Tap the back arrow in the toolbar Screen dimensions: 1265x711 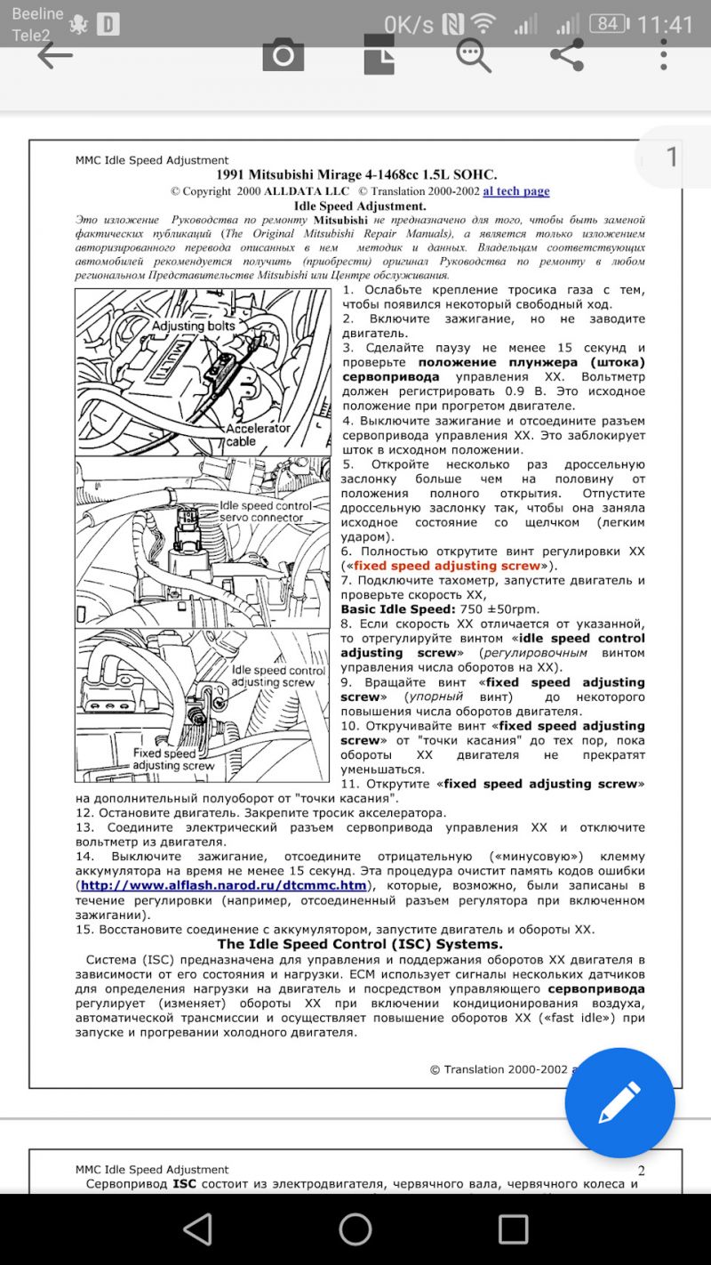[54, 56]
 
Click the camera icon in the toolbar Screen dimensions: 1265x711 [284, 56]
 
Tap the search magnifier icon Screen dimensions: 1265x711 [474, 56]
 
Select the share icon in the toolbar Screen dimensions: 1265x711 [567, 55]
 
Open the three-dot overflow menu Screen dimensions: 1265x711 [663, 55]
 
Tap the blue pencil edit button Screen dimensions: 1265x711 [619, 1102]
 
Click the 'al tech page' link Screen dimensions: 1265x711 [516, 191]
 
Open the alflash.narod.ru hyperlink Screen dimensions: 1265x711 [223, 885]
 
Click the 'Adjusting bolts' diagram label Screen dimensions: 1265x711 [193, 326]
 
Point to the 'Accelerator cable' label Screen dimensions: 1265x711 [258, 434]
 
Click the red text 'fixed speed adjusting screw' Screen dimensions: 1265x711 [447, 566]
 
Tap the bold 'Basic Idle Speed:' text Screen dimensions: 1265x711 [397, 609]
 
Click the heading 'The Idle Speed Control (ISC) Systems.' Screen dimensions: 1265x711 [360, 944]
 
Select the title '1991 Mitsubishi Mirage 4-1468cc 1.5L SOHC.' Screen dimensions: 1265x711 [356, 174]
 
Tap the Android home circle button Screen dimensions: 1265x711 [355, 1229]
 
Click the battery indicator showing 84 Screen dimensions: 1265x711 [608, 24]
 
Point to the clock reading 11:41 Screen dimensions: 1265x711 [665, 24]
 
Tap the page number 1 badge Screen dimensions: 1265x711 [672, 157]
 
